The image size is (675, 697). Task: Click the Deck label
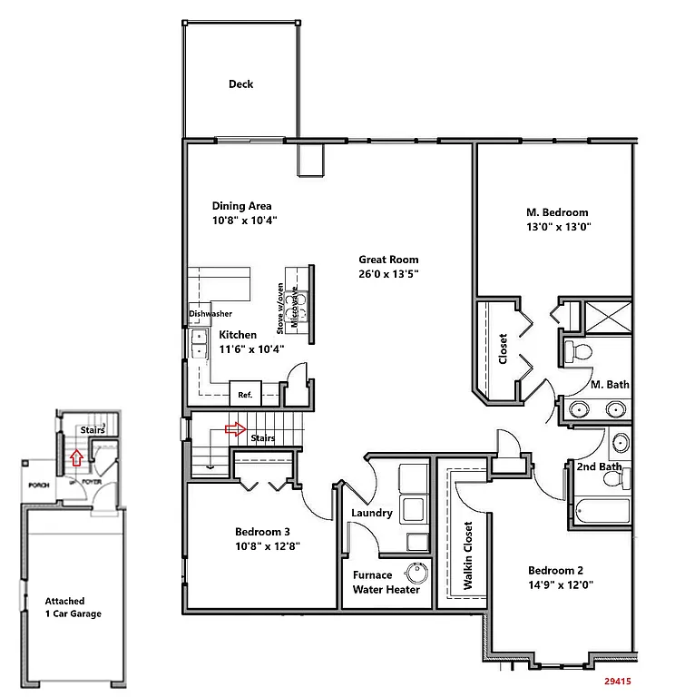(240, 84)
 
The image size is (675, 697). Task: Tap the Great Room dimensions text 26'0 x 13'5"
(388, 273)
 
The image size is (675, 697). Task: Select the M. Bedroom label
(557, 212)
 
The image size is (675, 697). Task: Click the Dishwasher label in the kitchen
(210, 314)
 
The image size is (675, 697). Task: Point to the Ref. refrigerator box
(245, 395)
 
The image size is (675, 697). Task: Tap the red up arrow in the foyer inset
(77, 456)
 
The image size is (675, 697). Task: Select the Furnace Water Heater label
(386, 582)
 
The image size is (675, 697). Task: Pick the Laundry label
(372, 513)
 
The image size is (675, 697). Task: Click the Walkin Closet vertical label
(468, 556)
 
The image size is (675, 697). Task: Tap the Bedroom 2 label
(556, 570)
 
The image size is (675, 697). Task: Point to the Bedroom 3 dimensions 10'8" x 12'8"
(267, 546)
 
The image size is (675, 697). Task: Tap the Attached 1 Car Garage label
(73, 607)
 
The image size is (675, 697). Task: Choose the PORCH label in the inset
(38, 486)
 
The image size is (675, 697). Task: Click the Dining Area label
(241, 205)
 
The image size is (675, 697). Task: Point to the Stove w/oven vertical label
(281, 306)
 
